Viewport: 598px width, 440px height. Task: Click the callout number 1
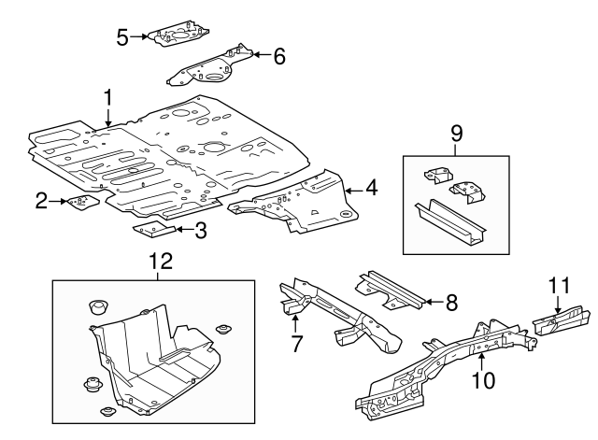(108, 98)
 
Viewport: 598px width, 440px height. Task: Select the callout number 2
(41, 198)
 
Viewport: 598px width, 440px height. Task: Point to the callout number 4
(371, 189)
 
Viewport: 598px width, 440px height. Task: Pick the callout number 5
(122, 36)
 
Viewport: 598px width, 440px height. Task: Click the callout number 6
(278, 56)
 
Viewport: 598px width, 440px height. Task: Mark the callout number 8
(451, 301)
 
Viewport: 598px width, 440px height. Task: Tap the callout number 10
(482, 380)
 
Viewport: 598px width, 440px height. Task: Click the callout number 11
(558, 286)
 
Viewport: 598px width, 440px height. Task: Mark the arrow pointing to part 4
(351, 190)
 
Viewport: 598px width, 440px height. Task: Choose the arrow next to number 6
(259, 56)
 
